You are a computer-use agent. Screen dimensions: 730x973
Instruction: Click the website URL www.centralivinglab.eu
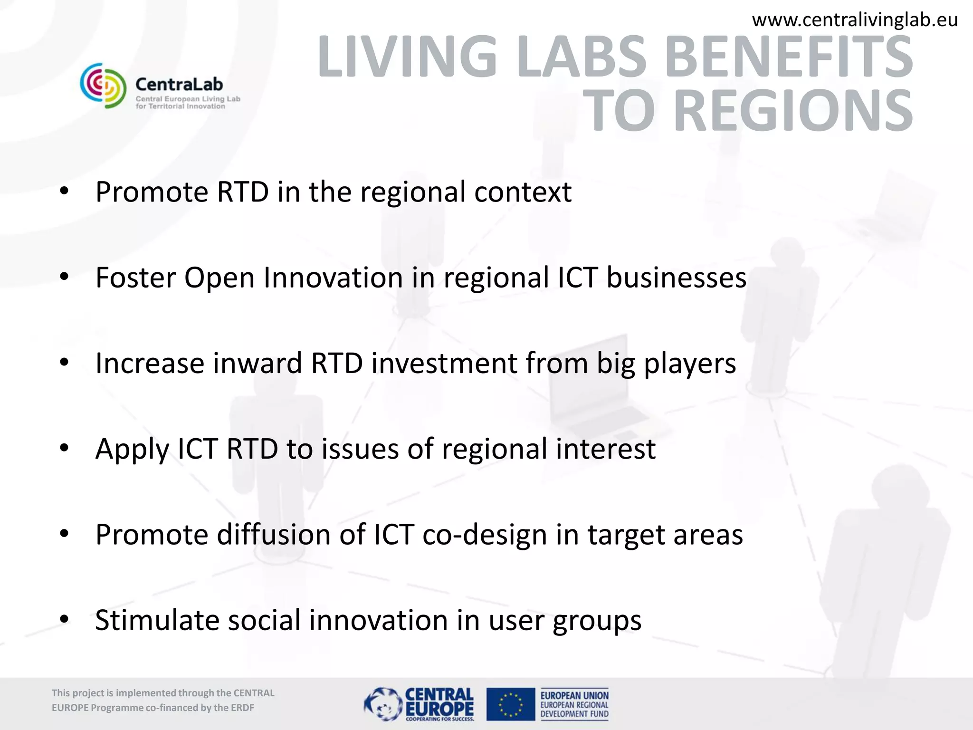point(855,20)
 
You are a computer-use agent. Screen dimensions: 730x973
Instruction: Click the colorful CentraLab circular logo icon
point(103,86)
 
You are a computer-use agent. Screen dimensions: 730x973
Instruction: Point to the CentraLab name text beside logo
point(179,85)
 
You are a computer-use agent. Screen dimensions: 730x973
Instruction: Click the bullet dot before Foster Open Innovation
point(65,277)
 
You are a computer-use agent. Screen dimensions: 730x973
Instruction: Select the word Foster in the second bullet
point(135,278)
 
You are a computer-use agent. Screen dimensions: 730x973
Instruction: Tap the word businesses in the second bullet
point(676,278)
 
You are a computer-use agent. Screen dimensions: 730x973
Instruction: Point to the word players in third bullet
point(690,364)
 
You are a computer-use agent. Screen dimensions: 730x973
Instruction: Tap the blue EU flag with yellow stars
point(511,704)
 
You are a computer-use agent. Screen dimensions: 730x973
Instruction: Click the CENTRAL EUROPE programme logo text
point(439,702)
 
